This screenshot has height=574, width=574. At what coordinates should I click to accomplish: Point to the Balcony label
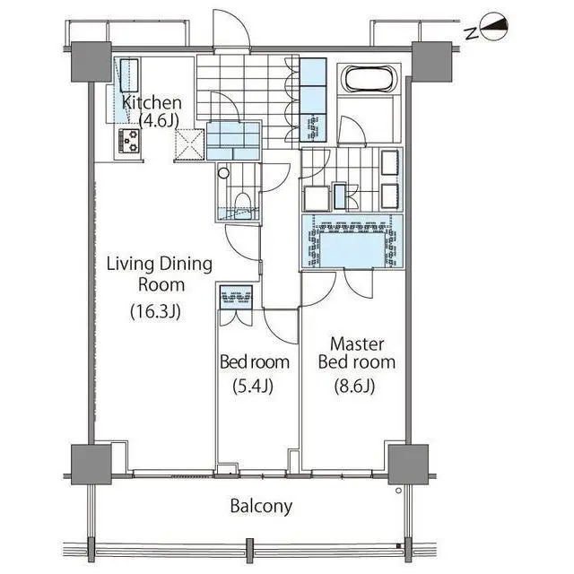[x=261, y=506]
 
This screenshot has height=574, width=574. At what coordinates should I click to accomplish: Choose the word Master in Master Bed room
[x=357, y=344]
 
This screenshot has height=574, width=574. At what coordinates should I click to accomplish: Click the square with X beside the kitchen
[x=189, y=143]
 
